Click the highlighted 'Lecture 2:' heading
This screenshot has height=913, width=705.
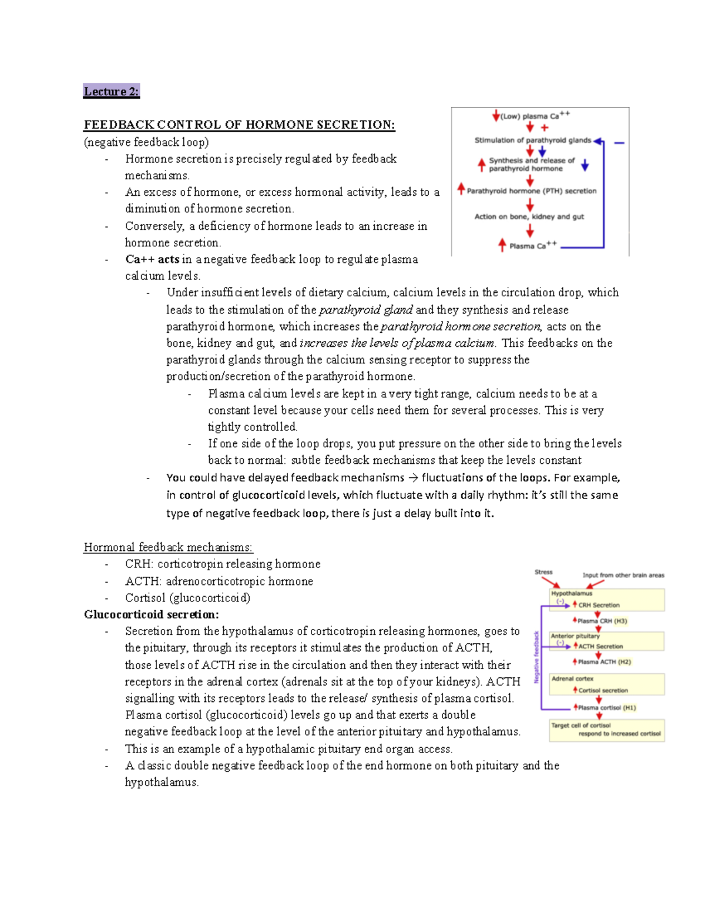(x=111, y=91)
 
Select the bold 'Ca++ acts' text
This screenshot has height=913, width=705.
(x=152, y=259)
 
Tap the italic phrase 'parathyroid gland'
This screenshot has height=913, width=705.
(x=365, y=310)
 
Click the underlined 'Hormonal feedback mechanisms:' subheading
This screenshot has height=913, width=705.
(x=168, y=547)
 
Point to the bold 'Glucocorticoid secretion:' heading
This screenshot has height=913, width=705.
(x=152, y=614)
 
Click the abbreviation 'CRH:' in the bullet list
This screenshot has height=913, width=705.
(x=139, y=564)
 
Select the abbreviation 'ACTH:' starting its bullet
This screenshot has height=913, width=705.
(x=143, y=581)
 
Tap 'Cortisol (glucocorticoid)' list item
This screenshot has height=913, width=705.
(x=187, y=598)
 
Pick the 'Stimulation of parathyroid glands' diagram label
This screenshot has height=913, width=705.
(x=532, y=140)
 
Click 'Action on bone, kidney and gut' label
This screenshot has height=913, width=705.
(x=529, y=216)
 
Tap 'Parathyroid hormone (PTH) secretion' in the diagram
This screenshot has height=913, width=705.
(x=531, y=191)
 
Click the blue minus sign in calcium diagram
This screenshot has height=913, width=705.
(x=619, y=143)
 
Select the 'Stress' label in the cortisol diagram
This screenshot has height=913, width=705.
(x=543, y=572)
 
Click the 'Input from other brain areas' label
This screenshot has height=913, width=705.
(x=623, y=575)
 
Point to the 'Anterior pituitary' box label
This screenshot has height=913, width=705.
(x=575, y=636)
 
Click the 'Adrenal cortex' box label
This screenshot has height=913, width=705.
(x=572, y=678)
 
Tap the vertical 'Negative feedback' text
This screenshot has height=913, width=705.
(x=536, y=657)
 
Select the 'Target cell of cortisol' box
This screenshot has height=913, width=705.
(x=606, y=730)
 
